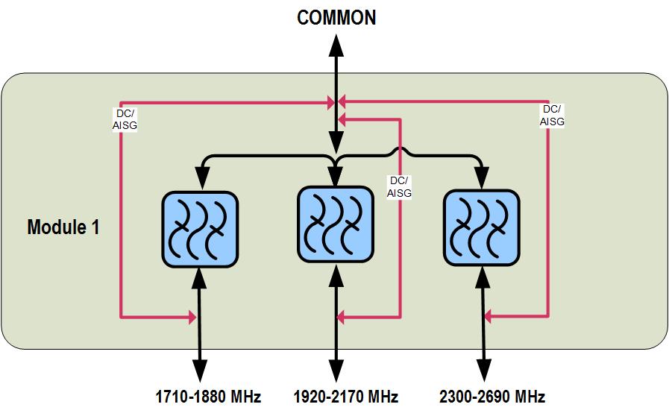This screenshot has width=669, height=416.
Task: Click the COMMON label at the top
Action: [x=336, y=18]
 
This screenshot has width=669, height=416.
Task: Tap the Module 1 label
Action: [x=63, y=227]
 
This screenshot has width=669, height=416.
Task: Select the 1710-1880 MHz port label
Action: [x=208, y=396]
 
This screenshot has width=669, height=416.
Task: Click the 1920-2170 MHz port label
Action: [x=345, y=396]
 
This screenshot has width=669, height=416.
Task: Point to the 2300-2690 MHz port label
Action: [x=491, y=396]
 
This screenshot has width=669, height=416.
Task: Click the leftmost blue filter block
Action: [x=200, y=229]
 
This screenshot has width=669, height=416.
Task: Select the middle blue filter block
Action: [x=335, y=223]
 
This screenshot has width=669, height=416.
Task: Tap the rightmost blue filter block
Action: [x=481, y=227]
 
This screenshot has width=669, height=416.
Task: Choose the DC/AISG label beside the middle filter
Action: [x=399, y=187]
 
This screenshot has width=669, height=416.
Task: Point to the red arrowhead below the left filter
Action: [x=192, y=318]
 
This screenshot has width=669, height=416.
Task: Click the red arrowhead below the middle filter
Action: [x=342, y=318]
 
